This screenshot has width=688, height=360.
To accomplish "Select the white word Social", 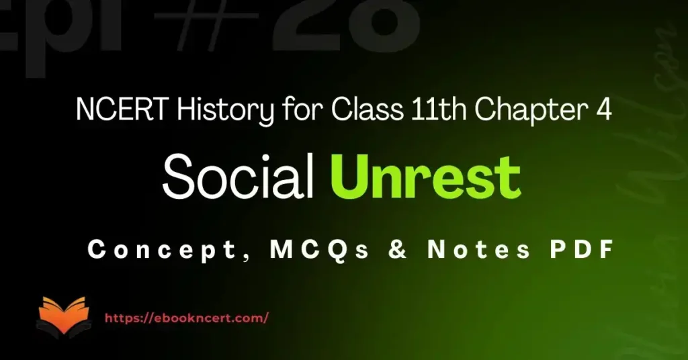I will click(x=239, y=179).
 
